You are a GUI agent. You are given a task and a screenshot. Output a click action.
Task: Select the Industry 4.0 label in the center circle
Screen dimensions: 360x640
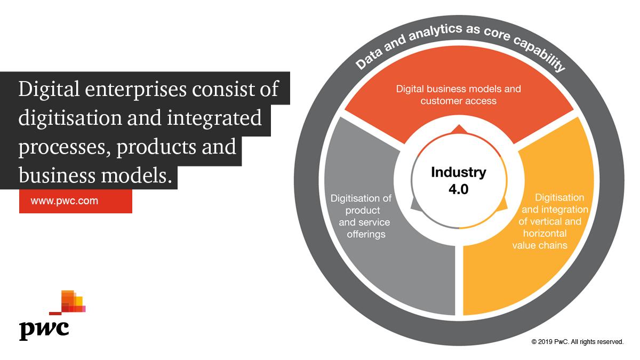(459, 180)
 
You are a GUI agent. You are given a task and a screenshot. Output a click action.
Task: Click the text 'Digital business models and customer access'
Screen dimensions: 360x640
(458, 94)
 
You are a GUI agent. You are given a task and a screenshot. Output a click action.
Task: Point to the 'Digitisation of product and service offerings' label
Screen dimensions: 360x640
(361, 216)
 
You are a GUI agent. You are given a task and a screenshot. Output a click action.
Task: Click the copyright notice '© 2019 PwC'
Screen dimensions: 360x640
(577, 342)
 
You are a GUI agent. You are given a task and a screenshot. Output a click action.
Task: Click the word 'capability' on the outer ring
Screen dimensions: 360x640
(541, 53)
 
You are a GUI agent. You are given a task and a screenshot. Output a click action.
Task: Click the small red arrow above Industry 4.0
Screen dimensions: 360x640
(458, 129)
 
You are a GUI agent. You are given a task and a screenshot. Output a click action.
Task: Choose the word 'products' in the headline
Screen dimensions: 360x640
(154, 147)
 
